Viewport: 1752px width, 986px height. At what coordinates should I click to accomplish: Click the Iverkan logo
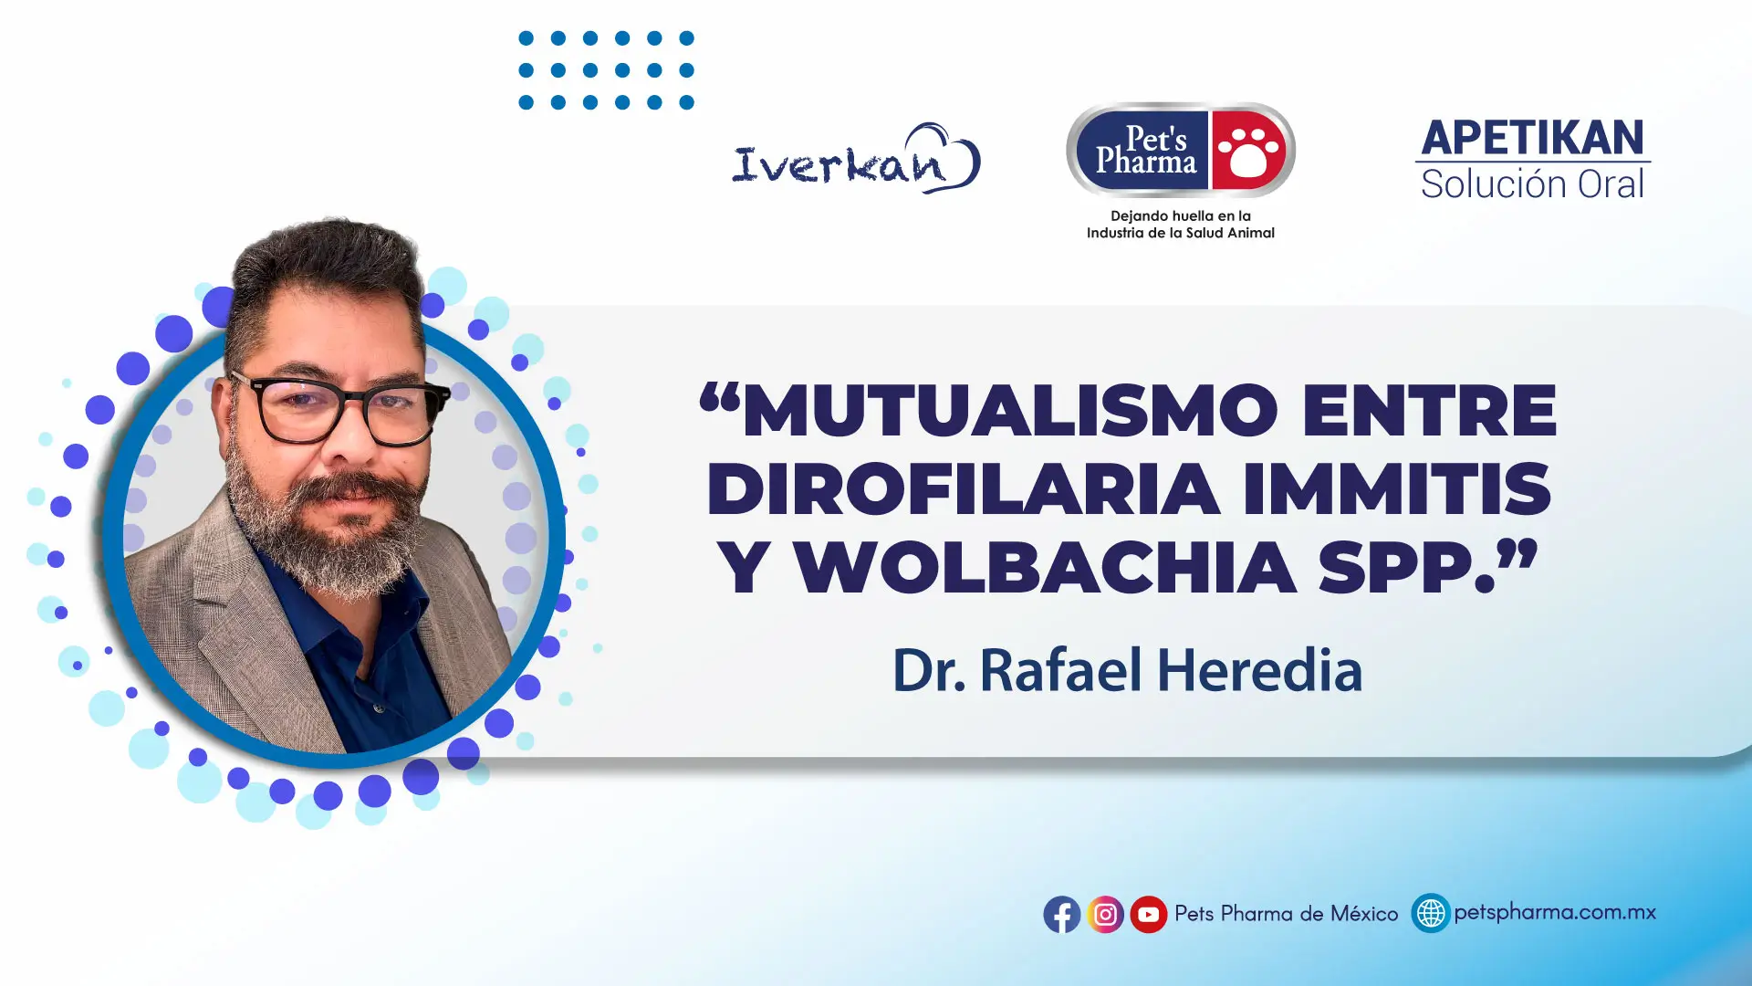[x=856, y=159]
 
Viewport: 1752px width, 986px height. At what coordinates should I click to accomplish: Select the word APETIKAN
[x=1533, y=138]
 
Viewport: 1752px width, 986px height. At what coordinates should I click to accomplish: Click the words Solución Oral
[x=1533, y=184]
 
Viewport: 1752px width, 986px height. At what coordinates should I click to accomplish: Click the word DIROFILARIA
[x=964, y=488]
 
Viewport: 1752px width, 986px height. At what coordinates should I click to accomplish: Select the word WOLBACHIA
[x=1046, y=568]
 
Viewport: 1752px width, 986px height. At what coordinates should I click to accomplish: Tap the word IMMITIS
[x=1397, y=488]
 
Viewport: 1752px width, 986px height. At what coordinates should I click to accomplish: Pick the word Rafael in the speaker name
[x=1060, y=670]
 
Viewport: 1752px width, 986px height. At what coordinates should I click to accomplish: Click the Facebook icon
[x=1062, y=914]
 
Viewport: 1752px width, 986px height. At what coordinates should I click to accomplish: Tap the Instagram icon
[x=1105, y=914]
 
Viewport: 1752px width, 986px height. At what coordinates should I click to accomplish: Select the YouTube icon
[x=1149, y=914]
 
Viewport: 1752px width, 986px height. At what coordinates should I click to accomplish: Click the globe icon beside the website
[x=1431, y=913]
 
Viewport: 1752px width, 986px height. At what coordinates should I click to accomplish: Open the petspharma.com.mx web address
[x=1555, y=912]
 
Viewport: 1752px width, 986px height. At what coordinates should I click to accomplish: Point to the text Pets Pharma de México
[x=1286, y=914]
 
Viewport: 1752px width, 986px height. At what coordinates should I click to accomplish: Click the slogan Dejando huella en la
[x=1181, y=215]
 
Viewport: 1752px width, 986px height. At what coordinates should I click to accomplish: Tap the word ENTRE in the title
[x=1429, y=410]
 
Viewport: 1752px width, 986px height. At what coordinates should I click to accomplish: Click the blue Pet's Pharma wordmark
[x=1146, y=151]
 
